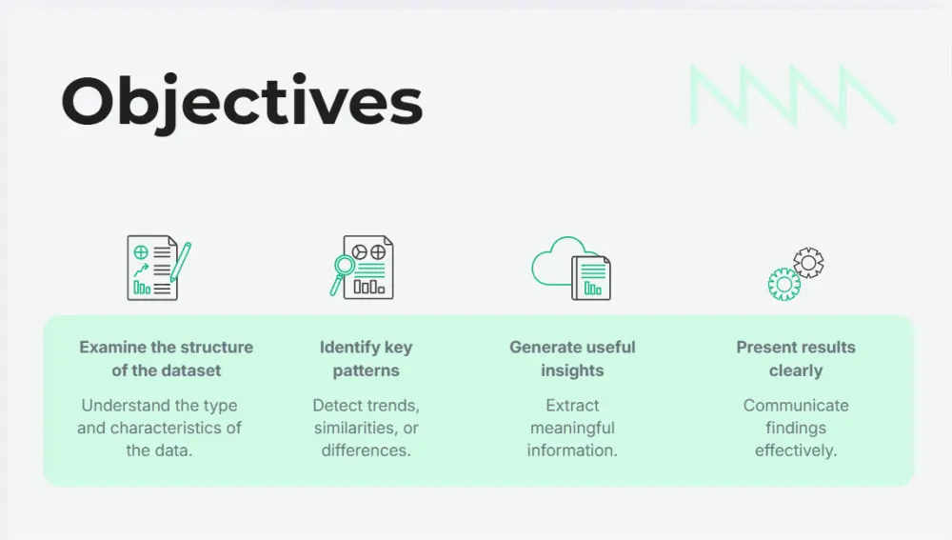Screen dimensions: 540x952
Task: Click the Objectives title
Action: coord(242,102)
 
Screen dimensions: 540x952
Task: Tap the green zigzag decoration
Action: coord(792,95)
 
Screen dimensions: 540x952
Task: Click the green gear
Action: coord(783,284)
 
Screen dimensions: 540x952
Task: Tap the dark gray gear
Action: coord(808,262)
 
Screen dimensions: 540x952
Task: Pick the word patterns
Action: coord(366,370)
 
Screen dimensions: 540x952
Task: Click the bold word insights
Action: coord(572,370)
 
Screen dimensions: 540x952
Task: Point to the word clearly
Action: coord(796,370)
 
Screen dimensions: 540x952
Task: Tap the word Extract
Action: coord(572,405)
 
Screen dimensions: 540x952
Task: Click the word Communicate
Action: coord(796,405)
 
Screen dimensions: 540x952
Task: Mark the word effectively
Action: coord(796,450)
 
